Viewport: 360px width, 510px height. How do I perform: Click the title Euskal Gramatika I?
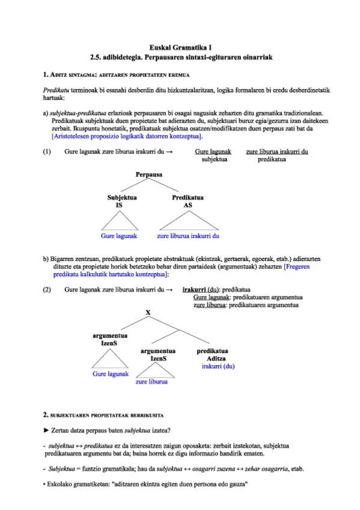point(180,46)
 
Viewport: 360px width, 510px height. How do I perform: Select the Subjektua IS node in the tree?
point(122,201)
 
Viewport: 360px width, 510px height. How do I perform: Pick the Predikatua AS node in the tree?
point(188,201)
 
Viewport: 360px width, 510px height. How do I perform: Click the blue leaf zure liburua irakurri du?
point(188,236)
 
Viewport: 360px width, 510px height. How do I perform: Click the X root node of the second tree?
point(148,312)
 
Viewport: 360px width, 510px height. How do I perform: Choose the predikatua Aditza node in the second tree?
point(215,355)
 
